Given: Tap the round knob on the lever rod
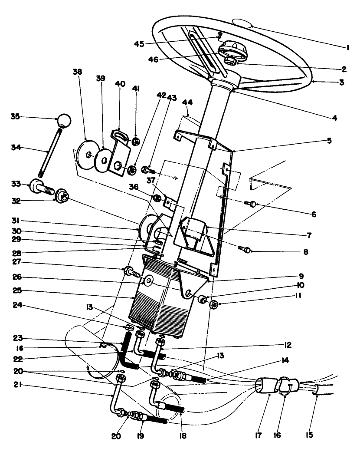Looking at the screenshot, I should [64, 120].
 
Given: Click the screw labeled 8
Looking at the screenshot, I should [245, 249].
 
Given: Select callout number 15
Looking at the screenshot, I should [322, 434].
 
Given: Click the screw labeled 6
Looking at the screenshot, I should [251, 203].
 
